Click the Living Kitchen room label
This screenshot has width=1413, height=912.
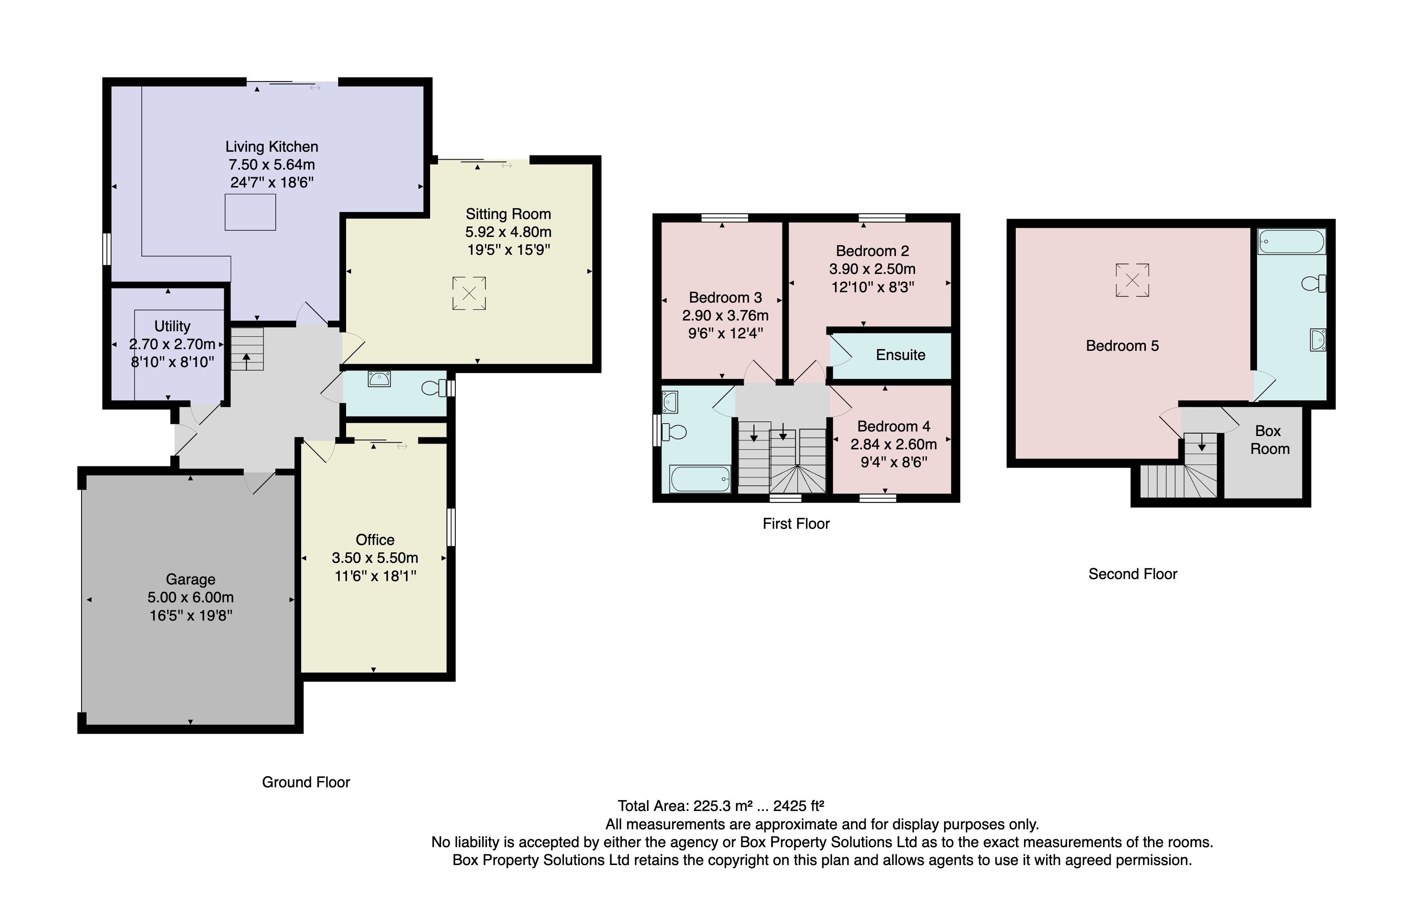271,146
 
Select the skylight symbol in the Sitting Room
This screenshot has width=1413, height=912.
469,293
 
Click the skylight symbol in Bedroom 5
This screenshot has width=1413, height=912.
1131,280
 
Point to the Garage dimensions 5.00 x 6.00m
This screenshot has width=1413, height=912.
190,597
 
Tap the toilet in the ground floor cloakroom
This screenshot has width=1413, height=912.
434,388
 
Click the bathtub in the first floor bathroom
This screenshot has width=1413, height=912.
700,478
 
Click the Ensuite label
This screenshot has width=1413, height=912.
900,355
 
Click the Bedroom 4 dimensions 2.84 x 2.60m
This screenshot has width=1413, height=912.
893,444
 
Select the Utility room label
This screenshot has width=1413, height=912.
172,326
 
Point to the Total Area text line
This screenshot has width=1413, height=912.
720,806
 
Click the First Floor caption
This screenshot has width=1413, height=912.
796,523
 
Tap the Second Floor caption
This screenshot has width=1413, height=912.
1132,574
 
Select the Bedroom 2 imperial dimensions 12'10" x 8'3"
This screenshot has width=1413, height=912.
872,287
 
